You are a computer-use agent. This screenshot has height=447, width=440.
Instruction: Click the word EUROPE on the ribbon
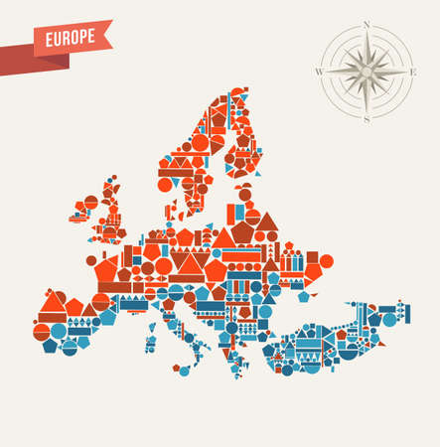pos(72,36)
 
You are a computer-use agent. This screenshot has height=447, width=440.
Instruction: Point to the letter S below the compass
pos(367,119)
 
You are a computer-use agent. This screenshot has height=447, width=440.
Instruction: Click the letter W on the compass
pos(319,72)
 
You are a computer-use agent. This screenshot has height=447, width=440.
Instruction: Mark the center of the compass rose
pos(367,72)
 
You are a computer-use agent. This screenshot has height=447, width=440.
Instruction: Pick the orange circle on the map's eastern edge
pos(326,260)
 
